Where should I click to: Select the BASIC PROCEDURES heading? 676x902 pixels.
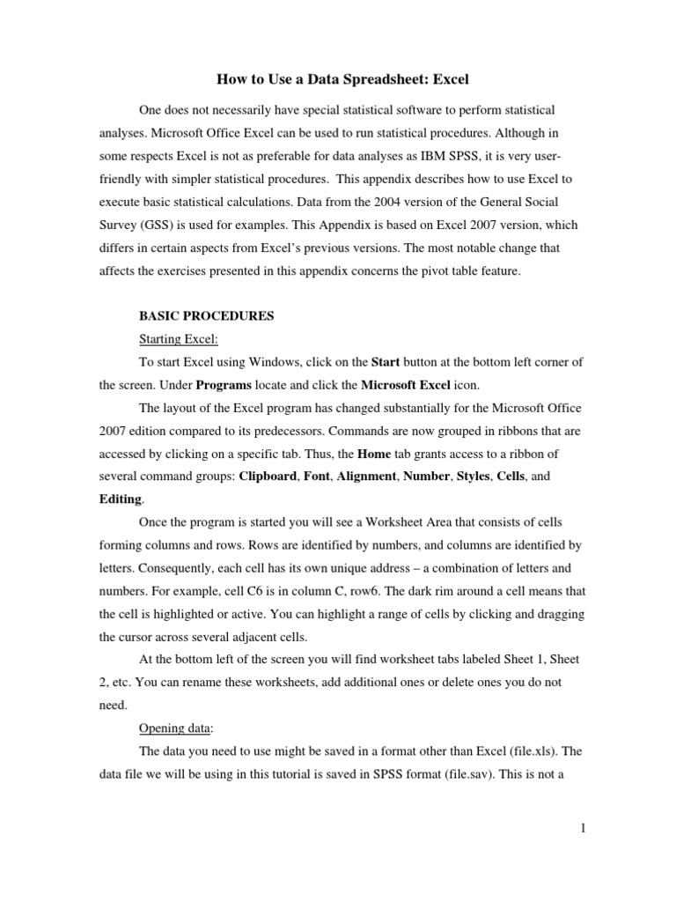(x=208, y=316)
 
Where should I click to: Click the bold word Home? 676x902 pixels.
(x=374, y=454)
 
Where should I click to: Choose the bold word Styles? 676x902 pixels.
(x=472, y=477)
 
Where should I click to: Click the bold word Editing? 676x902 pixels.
(x=120, y=499)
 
